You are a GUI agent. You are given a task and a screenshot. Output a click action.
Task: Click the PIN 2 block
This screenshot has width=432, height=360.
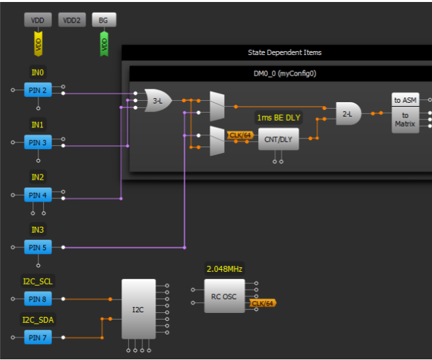pos(37,90)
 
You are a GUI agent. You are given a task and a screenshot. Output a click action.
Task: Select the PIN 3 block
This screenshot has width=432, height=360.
pos(37,143)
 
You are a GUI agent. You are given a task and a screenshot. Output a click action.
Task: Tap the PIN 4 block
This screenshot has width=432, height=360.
pos(37,195)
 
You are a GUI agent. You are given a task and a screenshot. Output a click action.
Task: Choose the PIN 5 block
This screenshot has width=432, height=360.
pos(37,247)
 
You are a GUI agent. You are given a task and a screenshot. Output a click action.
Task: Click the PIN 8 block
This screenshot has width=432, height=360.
pos(37,299)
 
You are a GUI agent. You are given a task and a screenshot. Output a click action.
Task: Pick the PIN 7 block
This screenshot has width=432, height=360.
pos(37,337)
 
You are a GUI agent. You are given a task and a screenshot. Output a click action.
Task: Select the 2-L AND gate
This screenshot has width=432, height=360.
pos(348,113)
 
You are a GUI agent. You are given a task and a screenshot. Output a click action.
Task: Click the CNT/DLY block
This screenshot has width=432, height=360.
pos(278,139)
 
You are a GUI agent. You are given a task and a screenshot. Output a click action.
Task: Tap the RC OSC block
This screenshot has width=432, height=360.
pos(224,296)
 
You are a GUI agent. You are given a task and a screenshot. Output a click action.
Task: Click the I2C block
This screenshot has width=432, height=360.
pos(138,310)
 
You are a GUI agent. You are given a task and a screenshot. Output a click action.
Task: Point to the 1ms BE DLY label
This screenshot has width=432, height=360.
pos(278,117)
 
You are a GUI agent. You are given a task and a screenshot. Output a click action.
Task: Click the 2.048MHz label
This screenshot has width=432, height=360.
pos(224,269)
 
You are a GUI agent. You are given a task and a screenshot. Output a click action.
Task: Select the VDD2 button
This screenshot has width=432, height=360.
pos(70,21)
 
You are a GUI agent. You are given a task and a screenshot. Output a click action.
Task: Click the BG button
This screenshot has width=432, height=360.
pos(104,21)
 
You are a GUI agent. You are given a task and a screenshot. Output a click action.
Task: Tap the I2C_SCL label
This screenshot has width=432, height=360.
pos(37,281)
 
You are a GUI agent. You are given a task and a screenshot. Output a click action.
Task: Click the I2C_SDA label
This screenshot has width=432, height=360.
pos(37,320)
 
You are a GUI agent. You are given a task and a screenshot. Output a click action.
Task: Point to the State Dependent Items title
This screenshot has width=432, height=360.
pos(285,52)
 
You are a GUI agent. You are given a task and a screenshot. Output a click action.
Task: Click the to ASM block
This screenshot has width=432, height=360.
pos(405,100)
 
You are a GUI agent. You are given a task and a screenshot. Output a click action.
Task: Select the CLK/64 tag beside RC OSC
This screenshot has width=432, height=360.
pos(263,303)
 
